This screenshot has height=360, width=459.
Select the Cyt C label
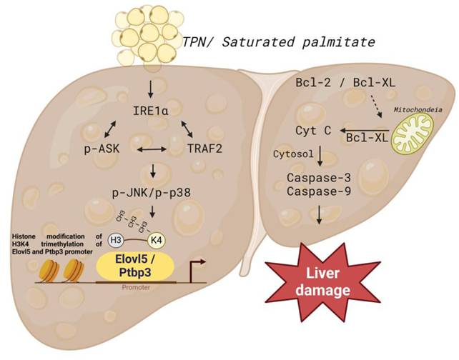pos(313,131)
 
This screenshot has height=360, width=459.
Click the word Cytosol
pos(290,154)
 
